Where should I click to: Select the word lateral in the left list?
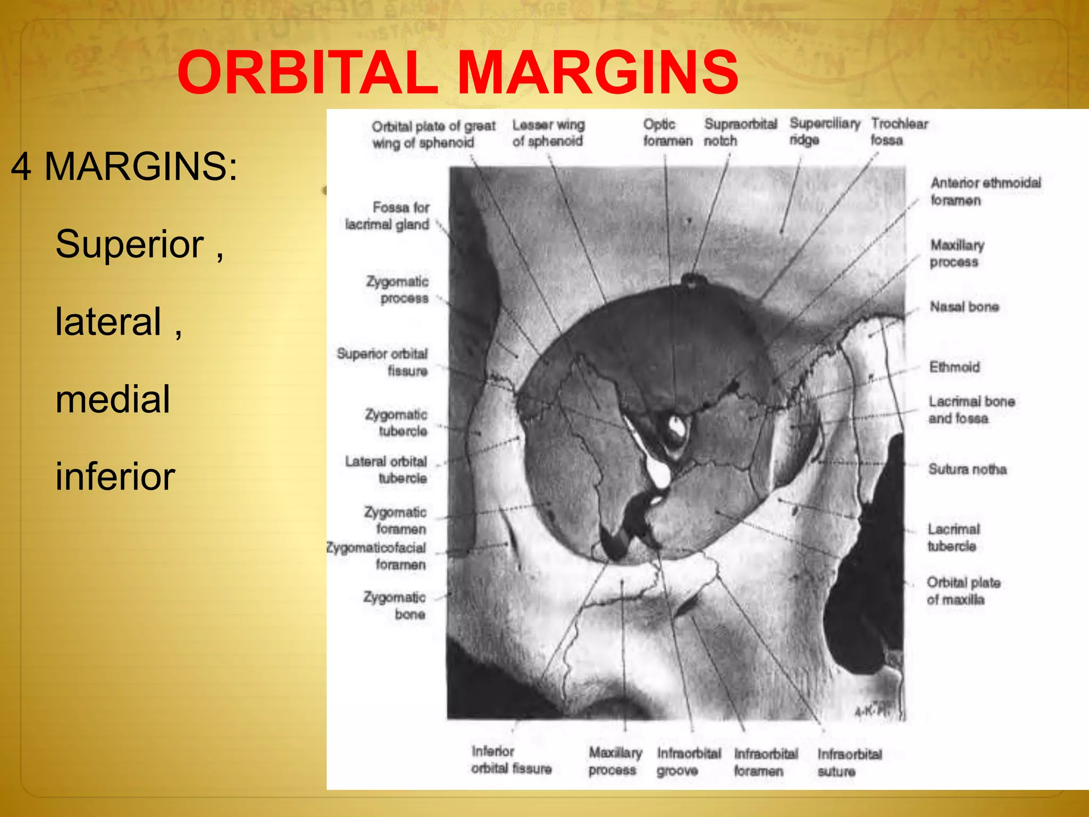[108, 322]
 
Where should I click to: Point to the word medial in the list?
[113, 399]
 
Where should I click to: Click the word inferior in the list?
[115, 476]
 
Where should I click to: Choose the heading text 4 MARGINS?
[123, 166]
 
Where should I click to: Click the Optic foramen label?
[667, 132]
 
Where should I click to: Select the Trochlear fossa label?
[899, 132]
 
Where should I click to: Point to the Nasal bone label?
[964, 307]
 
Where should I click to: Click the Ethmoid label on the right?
[954, 367]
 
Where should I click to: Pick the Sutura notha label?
[967, 469]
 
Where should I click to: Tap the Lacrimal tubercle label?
[953, 538]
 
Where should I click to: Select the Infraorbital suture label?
[849, 762]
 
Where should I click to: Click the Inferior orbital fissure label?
[510, 760]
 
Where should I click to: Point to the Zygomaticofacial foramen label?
[376, 556]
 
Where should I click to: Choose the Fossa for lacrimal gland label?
[387, 216]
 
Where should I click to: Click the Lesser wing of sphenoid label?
[548, 133]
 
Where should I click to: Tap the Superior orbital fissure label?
[382, 362]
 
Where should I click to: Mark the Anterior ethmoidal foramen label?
[985, 191]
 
